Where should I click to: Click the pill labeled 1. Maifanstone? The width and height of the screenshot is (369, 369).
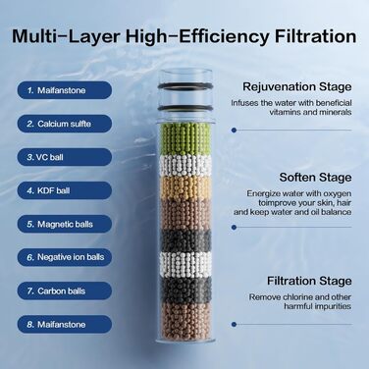pos(65,90)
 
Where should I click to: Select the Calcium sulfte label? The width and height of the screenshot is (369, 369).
pos(65,124)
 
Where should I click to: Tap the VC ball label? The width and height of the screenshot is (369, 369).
pos(65,157)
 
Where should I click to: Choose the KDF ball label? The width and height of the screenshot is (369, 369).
pos(65,190)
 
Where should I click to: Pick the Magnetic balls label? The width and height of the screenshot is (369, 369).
pos(65,224)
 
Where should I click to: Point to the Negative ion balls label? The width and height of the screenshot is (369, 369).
pos(65,257)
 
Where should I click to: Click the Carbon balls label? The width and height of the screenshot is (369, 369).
pos(65,290)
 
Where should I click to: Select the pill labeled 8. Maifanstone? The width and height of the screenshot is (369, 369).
pos(65,324)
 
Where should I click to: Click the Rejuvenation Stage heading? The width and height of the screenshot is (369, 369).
pos(297,87)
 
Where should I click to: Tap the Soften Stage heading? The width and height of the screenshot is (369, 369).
pos(315,178)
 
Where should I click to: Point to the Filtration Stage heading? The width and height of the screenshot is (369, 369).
pos(309,281)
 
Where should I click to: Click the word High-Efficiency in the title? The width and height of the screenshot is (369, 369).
pos(197,36)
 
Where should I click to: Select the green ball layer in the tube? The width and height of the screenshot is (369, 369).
pos(185,139)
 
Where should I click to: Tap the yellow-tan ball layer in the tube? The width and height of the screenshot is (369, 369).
pos(185,188)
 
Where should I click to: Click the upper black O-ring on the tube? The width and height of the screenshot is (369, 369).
pos(185,86)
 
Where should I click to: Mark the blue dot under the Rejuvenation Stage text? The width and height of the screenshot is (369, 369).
pos(234,131)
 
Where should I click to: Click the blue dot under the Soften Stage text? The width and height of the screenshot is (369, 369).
pos(234,227)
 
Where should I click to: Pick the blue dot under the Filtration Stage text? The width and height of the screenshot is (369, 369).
pos(234,325)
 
